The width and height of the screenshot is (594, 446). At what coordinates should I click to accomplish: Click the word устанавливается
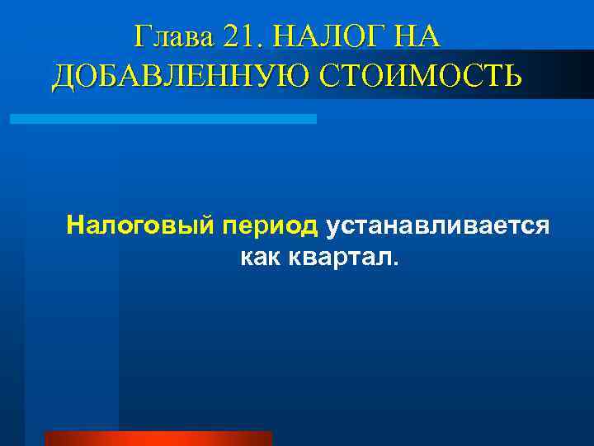(437, 225)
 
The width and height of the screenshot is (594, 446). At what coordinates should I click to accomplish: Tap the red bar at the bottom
(158, 439)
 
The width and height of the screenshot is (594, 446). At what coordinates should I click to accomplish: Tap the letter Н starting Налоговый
(76, 225)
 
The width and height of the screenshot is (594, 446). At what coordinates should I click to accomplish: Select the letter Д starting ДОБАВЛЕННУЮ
(64, 76)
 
